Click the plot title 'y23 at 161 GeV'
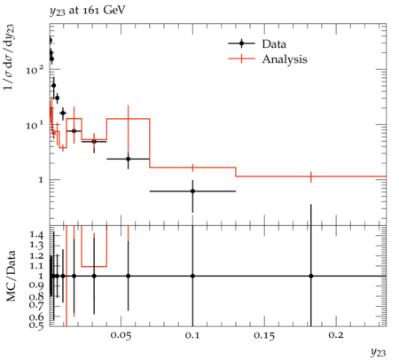pos(88,11)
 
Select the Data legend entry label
pos(274,44)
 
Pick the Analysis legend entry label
pos(285,59)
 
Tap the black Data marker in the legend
pos(241,43)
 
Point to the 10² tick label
pos(35,69)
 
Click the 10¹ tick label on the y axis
pos(35,125)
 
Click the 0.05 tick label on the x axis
pos(121,335)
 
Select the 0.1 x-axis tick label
pos(192,335)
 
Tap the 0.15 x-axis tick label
pos(264,335)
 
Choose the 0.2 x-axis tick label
pos(336,335)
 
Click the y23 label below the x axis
pos(379,352)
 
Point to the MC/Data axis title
pos(11,276)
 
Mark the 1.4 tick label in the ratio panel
pos(36,235)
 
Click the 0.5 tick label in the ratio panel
pos(36,325)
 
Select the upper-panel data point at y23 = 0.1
pos(192,191)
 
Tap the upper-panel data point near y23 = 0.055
pos(128,159)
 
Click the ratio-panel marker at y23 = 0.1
pos(192,276)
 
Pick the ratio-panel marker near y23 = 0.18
pos(311,276)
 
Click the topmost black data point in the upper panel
pos(50,40)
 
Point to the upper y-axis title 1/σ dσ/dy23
pos(10,58)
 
